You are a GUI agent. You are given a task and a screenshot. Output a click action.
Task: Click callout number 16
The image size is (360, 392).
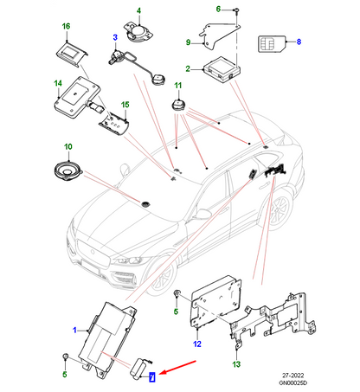coord(64,27)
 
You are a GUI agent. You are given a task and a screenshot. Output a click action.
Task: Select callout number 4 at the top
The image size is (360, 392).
coord(136,11)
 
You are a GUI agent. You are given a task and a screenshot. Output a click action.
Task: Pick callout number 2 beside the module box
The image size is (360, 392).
coord(187,67)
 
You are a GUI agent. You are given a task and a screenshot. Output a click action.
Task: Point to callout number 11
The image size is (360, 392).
coord(179,85)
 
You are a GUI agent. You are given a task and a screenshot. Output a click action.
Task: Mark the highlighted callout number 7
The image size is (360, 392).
coord(152,376)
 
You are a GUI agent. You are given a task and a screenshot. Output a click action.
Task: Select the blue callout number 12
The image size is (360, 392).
coord(196,344)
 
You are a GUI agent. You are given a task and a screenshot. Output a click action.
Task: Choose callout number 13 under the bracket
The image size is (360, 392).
coord(236,364)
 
